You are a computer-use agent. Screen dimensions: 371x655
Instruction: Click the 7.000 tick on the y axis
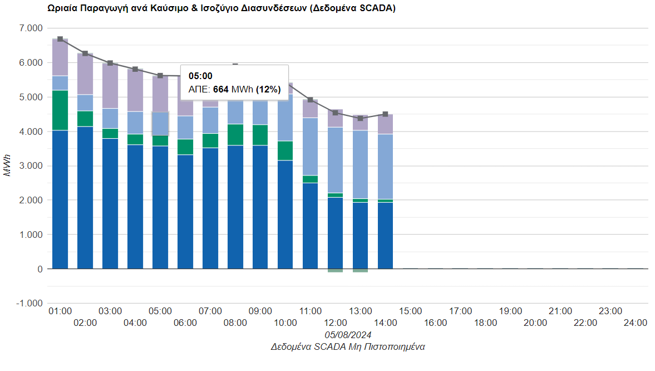(x=31, y=28)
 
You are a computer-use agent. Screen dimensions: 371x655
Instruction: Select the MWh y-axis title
(x=7, y=165)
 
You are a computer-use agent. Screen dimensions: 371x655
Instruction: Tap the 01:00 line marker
(x=60, y=39)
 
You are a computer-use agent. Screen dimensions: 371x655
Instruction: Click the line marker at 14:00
(x=385, y=114)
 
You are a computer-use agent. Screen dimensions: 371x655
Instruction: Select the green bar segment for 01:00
(x=60, y=110)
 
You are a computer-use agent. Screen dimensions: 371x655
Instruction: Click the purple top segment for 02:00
(x=85, y=74)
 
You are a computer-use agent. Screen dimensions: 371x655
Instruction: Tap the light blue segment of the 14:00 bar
(x=385, y=166)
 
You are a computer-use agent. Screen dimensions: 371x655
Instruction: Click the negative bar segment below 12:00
(x=335, y=271)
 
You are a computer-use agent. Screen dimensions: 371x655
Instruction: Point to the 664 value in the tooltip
(x=221, y=89)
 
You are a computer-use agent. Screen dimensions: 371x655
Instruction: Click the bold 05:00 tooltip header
(x=200, y=76)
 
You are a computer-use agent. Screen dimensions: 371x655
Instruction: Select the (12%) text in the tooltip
(x=268, y=89)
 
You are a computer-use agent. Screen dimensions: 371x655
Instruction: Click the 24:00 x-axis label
(x=635, y=323)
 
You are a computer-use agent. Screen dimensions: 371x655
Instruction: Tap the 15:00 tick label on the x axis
(x=410, y=311)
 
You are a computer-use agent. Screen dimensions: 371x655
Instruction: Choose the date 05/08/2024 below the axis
(x=348, y=335)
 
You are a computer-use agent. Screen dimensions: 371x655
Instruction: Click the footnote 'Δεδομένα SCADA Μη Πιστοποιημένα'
(x=348, y=346)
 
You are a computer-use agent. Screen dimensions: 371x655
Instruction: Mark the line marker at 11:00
(x=311, y=100)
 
